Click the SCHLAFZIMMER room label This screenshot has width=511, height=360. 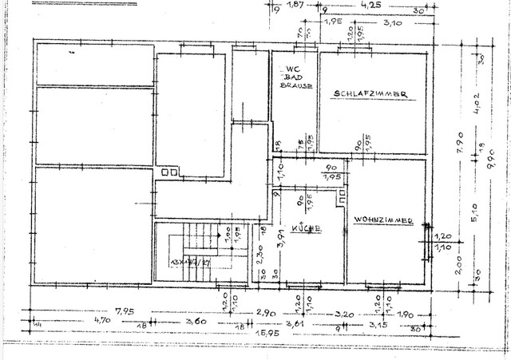click(370, 95)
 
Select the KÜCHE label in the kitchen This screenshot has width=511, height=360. click(307, 229)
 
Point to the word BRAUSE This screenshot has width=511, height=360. click(295, 85)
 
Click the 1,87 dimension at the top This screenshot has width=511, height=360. click(295, 6)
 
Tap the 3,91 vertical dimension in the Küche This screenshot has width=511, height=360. click(280, 239)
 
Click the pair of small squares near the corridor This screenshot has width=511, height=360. click(168, 172)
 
